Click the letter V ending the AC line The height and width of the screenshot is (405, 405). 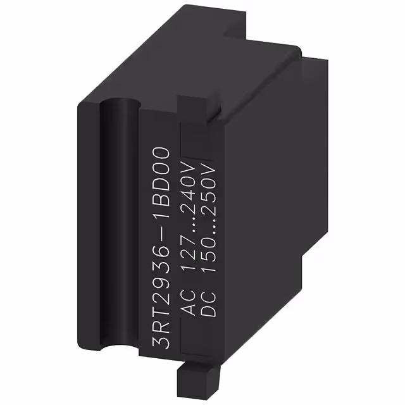(x=189, y=156)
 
